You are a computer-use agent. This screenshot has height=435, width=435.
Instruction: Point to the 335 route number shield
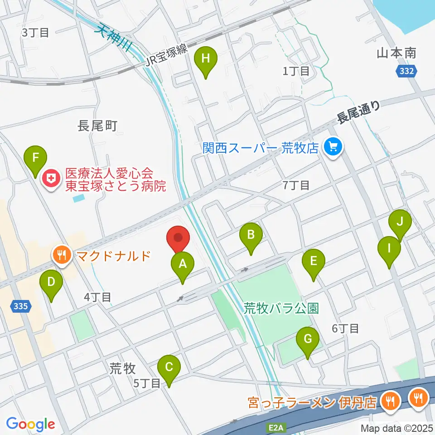22,307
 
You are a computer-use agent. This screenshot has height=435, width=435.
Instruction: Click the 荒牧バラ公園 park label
281,309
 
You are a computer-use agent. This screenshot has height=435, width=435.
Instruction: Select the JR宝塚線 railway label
167,57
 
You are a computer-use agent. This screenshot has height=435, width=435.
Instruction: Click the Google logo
30,424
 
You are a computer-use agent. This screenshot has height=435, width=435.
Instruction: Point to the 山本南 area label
396,53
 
